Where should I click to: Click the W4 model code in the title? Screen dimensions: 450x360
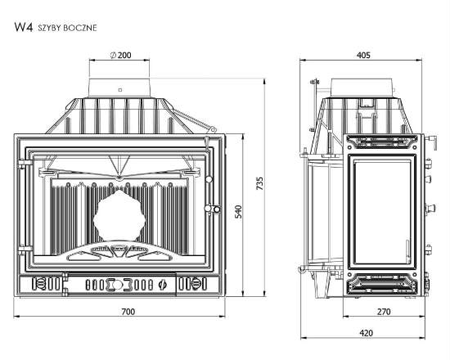pyautogui.click(x=24, y=27)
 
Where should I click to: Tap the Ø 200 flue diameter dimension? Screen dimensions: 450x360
pyautogui.click(x=121, y=55)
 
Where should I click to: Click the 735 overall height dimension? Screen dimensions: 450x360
pyautogui.click(x=259, y=183)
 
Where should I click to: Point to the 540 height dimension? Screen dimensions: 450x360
pyautogui.click(x=238, y=212)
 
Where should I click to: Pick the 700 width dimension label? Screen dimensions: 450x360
pyautogui.click(x=128, y=312)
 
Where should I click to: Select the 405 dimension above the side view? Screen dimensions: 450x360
pyautogui.click(x=363, y=55)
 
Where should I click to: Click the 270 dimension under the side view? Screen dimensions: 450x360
pyautogui.click(x=384, y=312)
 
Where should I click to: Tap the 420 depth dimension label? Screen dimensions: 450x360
pyautogui.click(x=367, y=333)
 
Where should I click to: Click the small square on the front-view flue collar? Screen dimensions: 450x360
pyautogui.click(x=120, y=90)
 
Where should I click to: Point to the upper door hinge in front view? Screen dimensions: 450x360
pyautogui.click(x=25, y=164)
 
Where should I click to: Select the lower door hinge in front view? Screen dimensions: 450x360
pyautogui.click(x=25, y=250)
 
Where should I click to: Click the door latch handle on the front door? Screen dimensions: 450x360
pyautogui.click(x=213, y=209)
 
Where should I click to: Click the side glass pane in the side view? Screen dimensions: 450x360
pyautogui.click(x=383, y=212)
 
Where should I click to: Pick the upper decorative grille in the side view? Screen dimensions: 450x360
pyautogui.click(x=382, y=142)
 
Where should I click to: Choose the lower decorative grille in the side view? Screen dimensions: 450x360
pyautogui.click(x=382, y=284)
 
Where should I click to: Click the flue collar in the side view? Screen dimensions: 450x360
pyautogui.click(x=362, y=88)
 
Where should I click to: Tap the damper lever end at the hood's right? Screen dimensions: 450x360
pyautogui.click(x=213, y=129)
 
